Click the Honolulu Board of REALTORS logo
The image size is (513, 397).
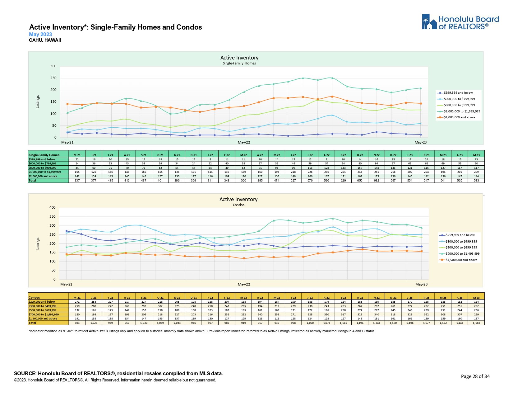pos(460,22)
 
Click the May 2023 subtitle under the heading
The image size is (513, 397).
pos(40,35)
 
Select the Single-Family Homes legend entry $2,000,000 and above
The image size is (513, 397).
pos(459,117)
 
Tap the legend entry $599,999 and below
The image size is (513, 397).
pos(458,93)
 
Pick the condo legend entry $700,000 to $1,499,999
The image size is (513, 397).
pos(462,254)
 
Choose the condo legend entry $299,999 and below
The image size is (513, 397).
pos(460,235)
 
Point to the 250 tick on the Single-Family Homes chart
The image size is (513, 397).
pos(53,78)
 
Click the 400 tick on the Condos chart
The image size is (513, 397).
pos(52,208)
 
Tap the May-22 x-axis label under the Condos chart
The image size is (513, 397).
pos(244,284)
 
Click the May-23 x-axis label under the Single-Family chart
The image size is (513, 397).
pos(421,142)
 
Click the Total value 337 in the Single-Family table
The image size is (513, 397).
pos(77,181)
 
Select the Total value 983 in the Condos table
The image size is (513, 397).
pos(77,323)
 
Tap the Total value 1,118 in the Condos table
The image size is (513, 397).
pos(476,323)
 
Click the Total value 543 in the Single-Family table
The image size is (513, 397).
pos(476,181)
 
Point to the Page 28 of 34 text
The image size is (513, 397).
pos(475,376)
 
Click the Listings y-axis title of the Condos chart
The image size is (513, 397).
pos(38,243)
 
